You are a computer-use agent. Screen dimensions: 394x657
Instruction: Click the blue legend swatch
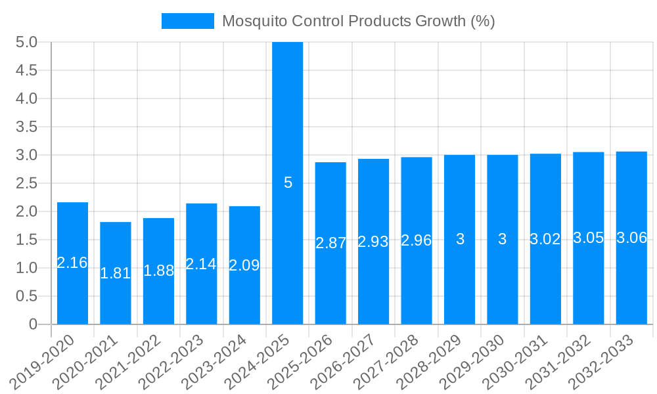tap(188, 21)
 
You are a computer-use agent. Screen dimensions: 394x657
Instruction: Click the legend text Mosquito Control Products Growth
tap(358, 21)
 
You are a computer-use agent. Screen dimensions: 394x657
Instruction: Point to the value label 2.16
tap(72, 263)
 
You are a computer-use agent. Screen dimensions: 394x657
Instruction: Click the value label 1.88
tap(158, 271)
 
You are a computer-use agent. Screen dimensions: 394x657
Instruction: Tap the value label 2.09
tap(244, 266)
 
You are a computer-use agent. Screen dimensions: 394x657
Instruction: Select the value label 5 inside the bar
tap(288, 183)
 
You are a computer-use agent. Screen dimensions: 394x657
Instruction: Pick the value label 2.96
tap(417, 240)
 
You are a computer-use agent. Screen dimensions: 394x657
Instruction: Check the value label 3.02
tap(545, 239)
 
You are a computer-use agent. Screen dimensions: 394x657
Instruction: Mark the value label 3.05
tap(589, 238)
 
